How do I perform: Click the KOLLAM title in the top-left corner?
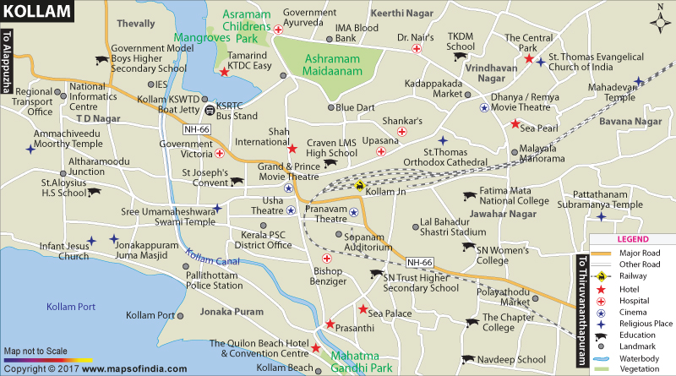click(30, 9)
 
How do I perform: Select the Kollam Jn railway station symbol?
click(361, 187)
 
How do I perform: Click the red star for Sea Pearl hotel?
click(514, 125)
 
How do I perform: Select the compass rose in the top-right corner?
click(659, 19)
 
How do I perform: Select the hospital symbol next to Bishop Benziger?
click(326, 259)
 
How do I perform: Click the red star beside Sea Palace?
click(362, 308)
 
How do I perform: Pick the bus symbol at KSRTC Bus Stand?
click(208, 106)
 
